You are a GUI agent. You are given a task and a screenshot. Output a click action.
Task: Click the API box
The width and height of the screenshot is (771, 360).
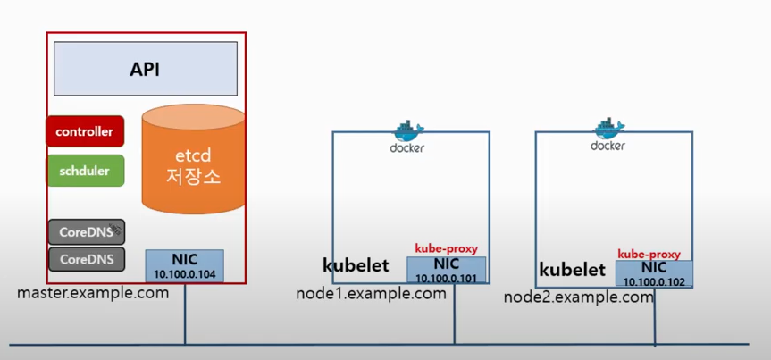(x=145, y=69)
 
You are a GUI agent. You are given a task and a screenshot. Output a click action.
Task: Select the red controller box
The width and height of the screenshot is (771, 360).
(x=85, y=131)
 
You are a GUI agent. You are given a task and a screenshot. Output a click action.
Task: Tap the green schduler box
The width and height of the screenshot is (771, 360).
(x=85, y=170)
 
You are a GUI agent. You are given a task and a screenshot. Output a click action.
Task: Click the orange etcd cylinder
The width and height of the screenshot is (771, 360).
(x=193, y=161)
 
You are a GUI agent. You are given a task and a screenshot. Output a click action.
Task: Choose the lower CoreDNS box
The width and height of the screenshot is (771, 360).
(x=86, y=260)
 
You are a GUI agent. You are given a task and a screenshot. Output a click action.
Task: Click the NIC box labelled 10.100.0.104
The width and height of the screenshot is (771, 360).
(x=184, y=265)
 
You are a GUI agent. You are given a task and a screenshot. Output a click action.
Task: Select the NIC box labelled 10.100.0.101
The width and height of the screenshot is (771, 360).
(x=446, y=270)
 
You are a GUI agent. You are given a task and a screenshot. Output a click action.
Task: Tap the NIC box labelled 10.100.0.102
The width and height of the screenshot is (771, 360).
(x=653, y=273)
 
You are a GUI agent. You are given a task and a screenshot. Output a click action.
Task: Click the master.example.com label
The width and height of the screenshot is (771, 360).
(x=92, y=293)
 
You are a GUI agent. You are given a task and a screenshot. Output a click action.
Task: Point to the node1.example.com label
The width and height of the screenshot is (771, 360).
(x=370, y=294)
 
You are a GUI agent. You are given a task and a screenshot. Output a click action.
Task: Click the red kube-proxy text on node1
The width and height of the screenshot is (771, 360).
(x=446, y=247)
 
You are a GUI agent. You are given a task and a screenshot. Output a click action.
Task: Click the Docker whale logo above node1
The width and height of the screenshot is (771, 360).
(x=407, y=130)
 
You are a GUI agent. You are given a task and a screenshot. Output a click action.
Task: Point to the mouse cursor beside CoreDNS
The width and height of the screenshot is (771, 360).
(x=116, y=234)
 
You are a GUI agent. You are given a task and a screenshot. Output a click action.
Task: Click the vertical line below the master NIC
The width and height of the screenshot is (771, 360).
(x=185, y=313)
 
